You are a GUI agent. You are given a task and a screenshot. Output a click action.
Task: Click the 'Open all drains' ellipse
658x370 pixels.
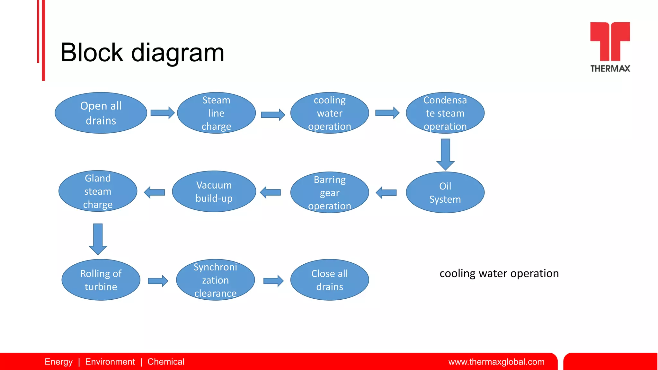coord(101,113)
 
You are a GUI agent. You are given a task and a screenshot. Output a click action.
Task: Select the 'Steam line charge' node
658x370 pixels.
coord(216,113)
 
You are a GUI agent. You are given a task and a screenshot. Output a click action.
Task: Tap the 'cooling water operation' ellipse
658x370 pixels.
coord(330,113)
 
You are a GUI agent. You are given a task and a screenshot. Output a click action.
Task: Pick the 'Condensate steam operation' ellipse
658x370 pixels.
coord(445,113)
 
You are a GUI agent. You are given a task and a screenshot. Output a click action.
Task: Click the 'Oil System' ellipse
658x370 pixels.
coord(445,192)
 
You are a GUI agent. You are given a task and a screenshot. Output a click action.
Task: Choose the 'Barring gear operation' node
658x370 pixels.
coord(330,192)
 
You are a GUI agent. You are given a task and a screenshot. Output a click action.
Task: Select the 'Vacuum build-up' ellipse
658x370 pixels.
coord(214,191)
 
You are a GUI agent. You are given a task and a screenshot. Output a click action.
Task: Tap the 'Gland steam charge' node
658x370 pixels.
coord(98,191)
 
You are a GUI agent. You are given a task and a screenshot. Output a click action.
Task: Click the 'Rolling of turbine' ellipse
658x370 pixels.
coord(101,280)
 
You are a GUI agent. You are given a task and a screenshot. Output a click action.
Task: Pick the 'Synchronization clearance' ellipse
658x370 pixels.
coord(215,280)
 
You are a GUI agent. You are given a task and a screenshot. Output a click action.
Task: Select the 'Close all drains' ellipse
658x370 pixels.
coord(330,280)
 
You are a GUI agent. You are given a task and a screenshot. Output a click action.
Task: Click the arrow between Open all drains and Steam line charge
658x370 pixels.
coord(162,113)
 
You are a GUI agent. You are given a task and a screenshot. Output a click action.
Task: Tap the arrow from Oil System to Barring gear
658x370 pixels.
coord(387,193)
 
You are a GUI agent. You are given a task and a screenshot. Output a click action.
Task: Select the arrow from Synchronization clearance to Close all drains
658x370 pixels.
coord(273,281)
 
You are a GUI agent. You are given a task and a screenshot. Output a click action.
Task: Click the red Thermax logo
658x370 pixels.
coord(610,41)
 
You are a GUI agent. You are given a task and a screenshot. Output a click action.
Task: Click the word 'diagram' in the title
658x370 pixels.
coord(178,53)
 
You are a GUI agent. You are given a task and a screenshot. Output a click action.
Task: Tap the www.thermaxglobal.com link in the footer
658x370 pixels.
coord(496,362)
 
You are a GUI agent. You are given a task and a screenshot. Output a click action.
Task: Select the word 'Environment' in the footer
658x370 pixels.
coord(110,362)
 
